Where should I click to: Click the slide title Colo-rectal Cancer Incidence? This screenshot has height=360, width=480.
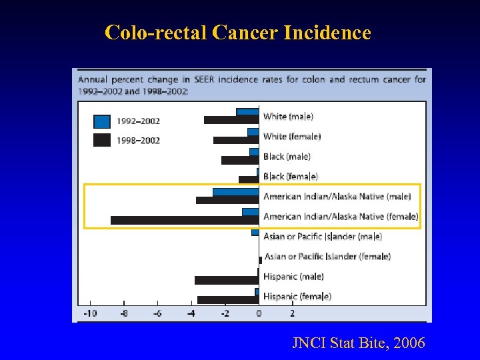237,32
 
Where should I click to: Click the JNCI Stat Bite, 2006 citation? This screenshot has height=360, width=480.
358,343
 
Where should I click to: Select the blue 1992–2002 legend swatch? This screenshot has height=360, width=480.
102,121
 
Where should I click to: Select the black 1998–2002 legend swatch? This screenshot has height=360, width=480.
102,140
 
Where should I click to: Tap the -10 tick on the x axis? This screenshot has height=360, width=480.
89,313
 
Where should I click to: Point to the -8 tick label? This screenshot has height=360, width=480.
123,313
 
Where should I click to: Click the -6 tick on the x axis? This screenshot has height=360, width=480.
157,313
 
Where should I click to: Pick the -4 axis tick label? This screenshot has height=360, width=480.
191,313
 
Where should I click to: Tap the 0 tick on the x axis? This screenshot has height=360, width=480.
259,313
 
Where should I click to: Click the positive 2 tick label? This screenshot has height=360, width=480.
292,313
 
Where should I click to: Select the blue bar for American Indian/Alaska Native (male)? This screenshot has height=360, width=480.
235,192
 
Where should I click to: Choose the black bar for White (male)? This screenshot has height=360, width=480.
231,120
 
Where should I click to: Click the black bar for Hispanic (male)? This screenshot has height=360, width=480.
226,280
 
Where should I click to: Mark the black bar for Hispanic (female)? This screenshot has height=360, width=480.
227,300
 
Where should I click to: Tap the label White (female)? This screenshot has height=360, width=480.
292,137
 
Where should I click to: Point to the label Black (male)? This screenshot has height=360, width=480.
287,157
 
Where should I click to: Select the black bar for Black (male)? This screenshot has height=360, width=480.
239,160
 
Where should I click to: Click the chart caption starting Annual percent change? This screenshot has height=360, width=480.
252,85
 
